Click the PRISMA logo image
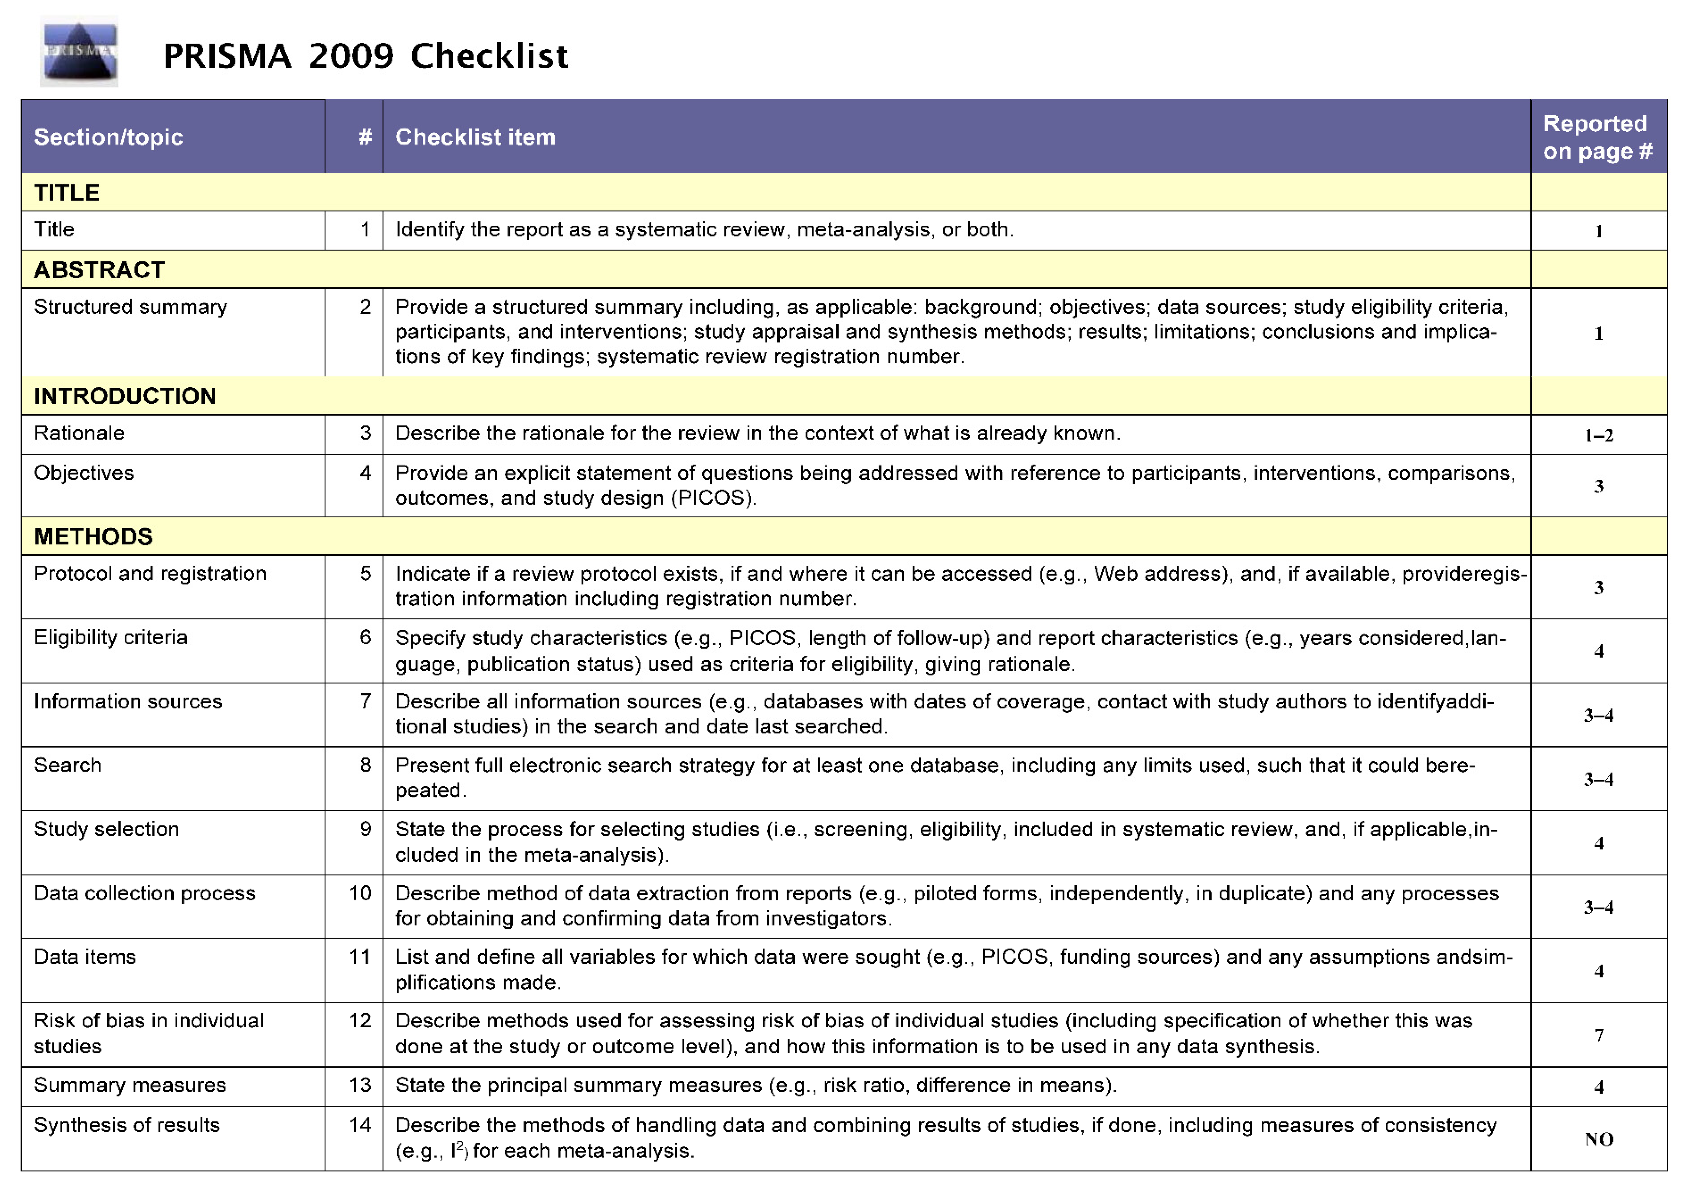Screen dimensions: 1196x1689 pos(79,52)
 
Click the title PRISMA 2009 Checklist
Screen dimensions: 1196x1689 pos(365,56)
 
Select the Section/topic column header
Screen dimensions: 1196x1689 pos(108,137)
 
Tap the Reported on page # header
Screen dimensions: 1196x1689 pos(1598,137)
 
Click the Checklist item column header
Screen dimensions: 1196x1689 pos(475,137)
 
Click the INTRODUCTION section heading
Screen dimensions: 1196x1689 pos(124,396)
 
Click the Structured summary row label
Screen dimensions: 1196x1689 pos(130,307)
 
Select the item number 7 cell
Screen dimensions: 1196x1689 pos(364,701)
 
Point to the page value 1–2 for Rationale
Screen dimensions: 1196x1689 pos(1598,435)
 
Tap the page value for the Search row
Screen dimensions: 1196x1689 pos(1598,779)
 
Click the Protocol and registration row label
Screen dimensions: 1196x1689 pos(150,574)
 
